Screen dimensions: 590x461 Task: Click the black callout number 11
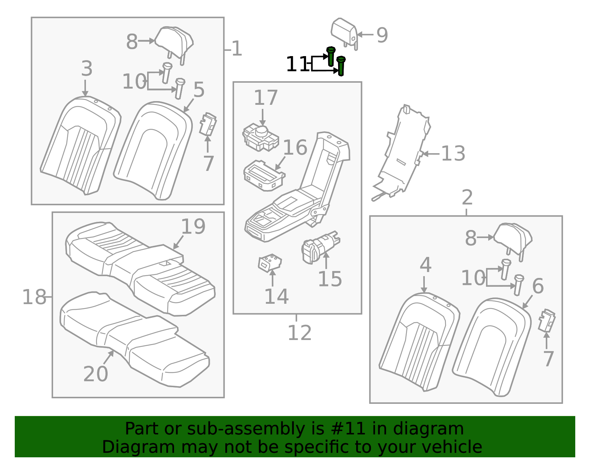pyautogui.click(x=297, y=64)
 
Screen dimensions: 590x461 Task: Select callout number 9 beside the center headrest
pyautogui.click(x=382, y=35)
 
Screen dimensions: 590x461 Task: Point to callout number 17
pyautogui.click(x=266, y=98)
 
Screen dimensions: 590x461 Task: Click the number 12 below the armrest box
pyautogui.click(x=299, y=333)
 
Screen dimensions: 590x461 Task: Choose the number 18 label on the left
pyautogui.click(x=35, y=297)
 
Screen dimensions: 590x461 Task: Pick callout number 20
pyautogui.click(x=96, y=374)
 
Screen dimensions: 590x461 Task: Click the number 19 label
pyautogui.click(x=193, y=226)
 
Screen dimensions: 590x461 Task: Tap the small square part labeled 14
pyautogui.click(x=270, y=263)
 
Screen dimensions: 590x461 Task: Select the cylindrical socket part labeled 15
pyautogui.click(x=320, y=247)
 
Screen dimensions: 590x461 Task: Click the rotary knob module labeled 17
pyautogui.click(x=260, y=137)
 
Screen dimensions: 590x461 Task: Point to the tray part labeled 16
pyautogui.click(x=264, y=176)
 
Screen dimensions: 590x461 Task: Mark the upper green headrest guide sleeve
pyautogui.click(x=331, y=56)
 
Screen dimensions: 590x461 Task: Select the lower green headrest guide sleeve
pyautogui.click(x=341, y=66)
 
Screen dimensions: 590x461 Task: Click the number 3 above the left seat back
pyautogui.click(x=87, y=68)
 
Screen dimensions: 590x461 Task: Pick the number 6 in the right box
pyautogui.click(x=538, y=286)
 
